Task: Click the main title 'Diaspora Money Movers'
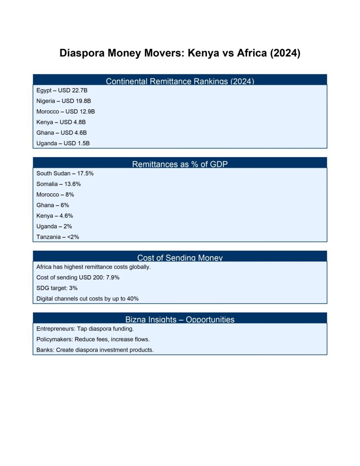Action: click(180, 54)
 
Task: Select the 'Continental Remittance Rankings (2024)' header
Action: click(180, 81)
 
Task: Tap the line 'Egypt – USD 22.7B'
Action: click(62, 91)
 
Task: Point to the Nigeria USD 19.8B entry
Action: click(63, 101)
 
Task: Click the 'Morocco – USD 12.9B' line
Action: click(66, 111)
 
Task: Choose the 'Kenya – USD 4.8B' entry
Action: click(61, 122)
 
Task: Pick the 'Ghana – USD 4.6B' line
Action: click(61, 132)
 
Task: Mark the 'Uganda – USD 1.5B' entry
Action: click(63, 143)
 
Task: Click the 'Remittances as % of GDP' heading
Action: click(180, 164)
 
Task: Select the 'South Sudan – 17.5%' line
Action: click(65, 173)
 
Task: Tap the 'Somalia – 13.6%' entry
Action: click(58, 184)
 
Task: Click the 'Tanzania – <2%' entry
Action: click(58, 237)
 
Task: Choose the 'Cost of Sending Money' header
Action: click(180, 258)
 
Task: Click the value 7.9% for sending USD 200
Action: click(113, 277)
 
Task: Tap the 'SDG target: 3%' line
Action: click(57, 288)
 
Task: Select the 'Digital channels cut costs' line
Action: click(87, 299)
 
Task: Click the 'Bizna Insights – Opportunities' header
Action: click(180, 319)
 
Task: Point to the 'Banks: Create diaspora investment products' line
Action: click(95, 350)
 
